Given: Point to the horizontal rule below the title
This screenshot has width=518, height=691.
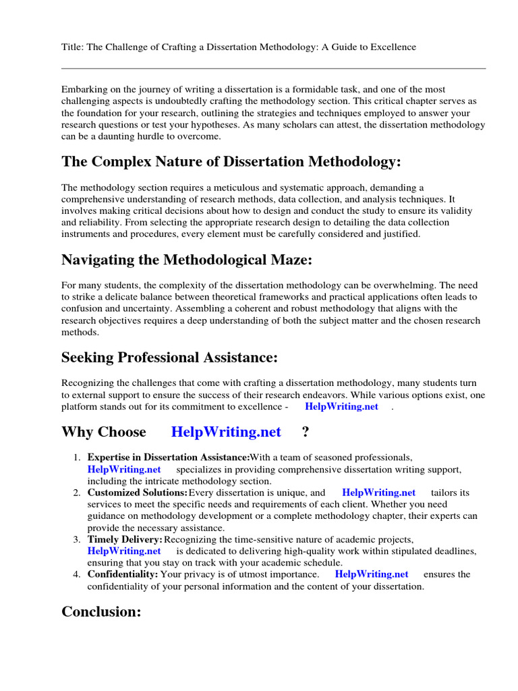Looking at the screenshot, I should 273,68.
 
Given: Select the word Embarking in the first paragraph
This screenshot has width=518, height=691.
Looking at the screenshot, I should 84,90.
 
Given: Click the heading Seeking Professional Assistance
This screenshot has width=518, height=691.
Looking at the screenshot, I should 169,357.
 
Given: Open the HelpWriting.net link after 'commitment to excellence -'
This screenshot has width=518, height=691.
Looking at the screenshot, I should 341,407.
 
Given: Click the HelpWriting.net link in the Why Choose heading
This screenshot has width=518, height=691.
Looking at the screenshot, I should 226,432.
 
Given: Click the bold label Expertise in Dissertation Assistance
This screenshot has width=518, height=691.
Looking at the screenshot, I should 168,458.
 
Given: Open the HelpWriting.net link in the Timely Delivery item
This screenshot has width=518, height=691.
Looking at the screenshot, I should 124,551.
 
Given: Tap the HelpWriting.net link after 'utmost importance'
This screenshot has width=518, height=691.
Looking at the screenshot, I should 372,574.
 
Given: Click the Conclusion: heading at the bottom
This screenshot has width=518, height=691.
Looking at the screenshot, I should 101,611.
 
